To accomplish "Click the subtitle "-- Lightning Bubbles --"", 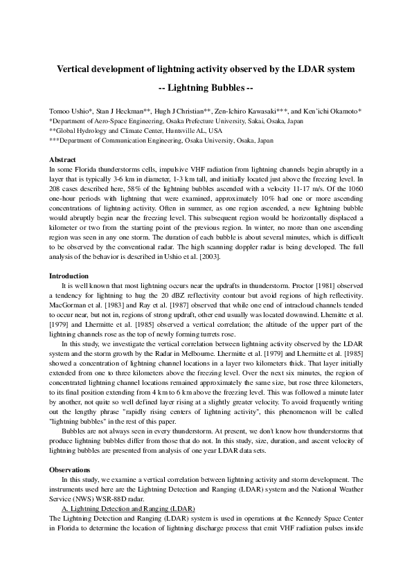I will point(206,88).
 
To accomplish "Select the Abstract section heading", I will point(62,159).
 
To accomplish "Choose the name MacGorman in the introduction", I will point(69,305).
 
